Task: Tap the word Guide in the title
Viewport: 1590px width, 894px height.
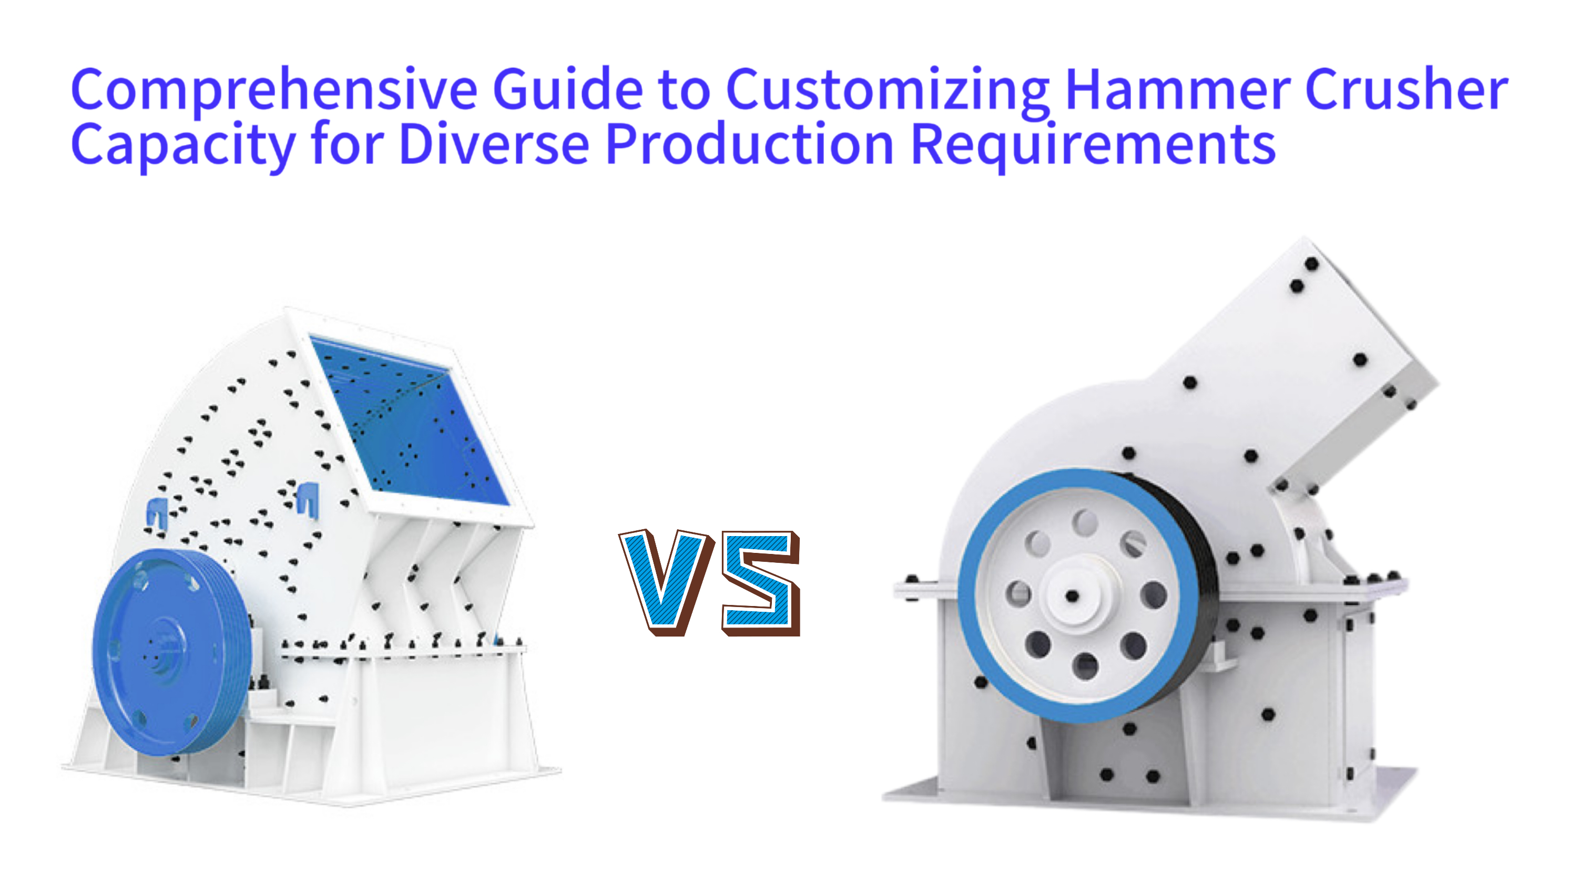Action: [568, 89]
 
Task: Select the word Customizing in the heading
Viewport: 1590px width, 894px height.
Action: [888, 91]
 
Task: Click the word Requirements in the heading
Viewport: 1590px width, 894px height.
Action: [1093, 146]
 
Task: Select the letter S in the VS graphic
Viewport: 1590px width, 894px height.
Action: [760, 582]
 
